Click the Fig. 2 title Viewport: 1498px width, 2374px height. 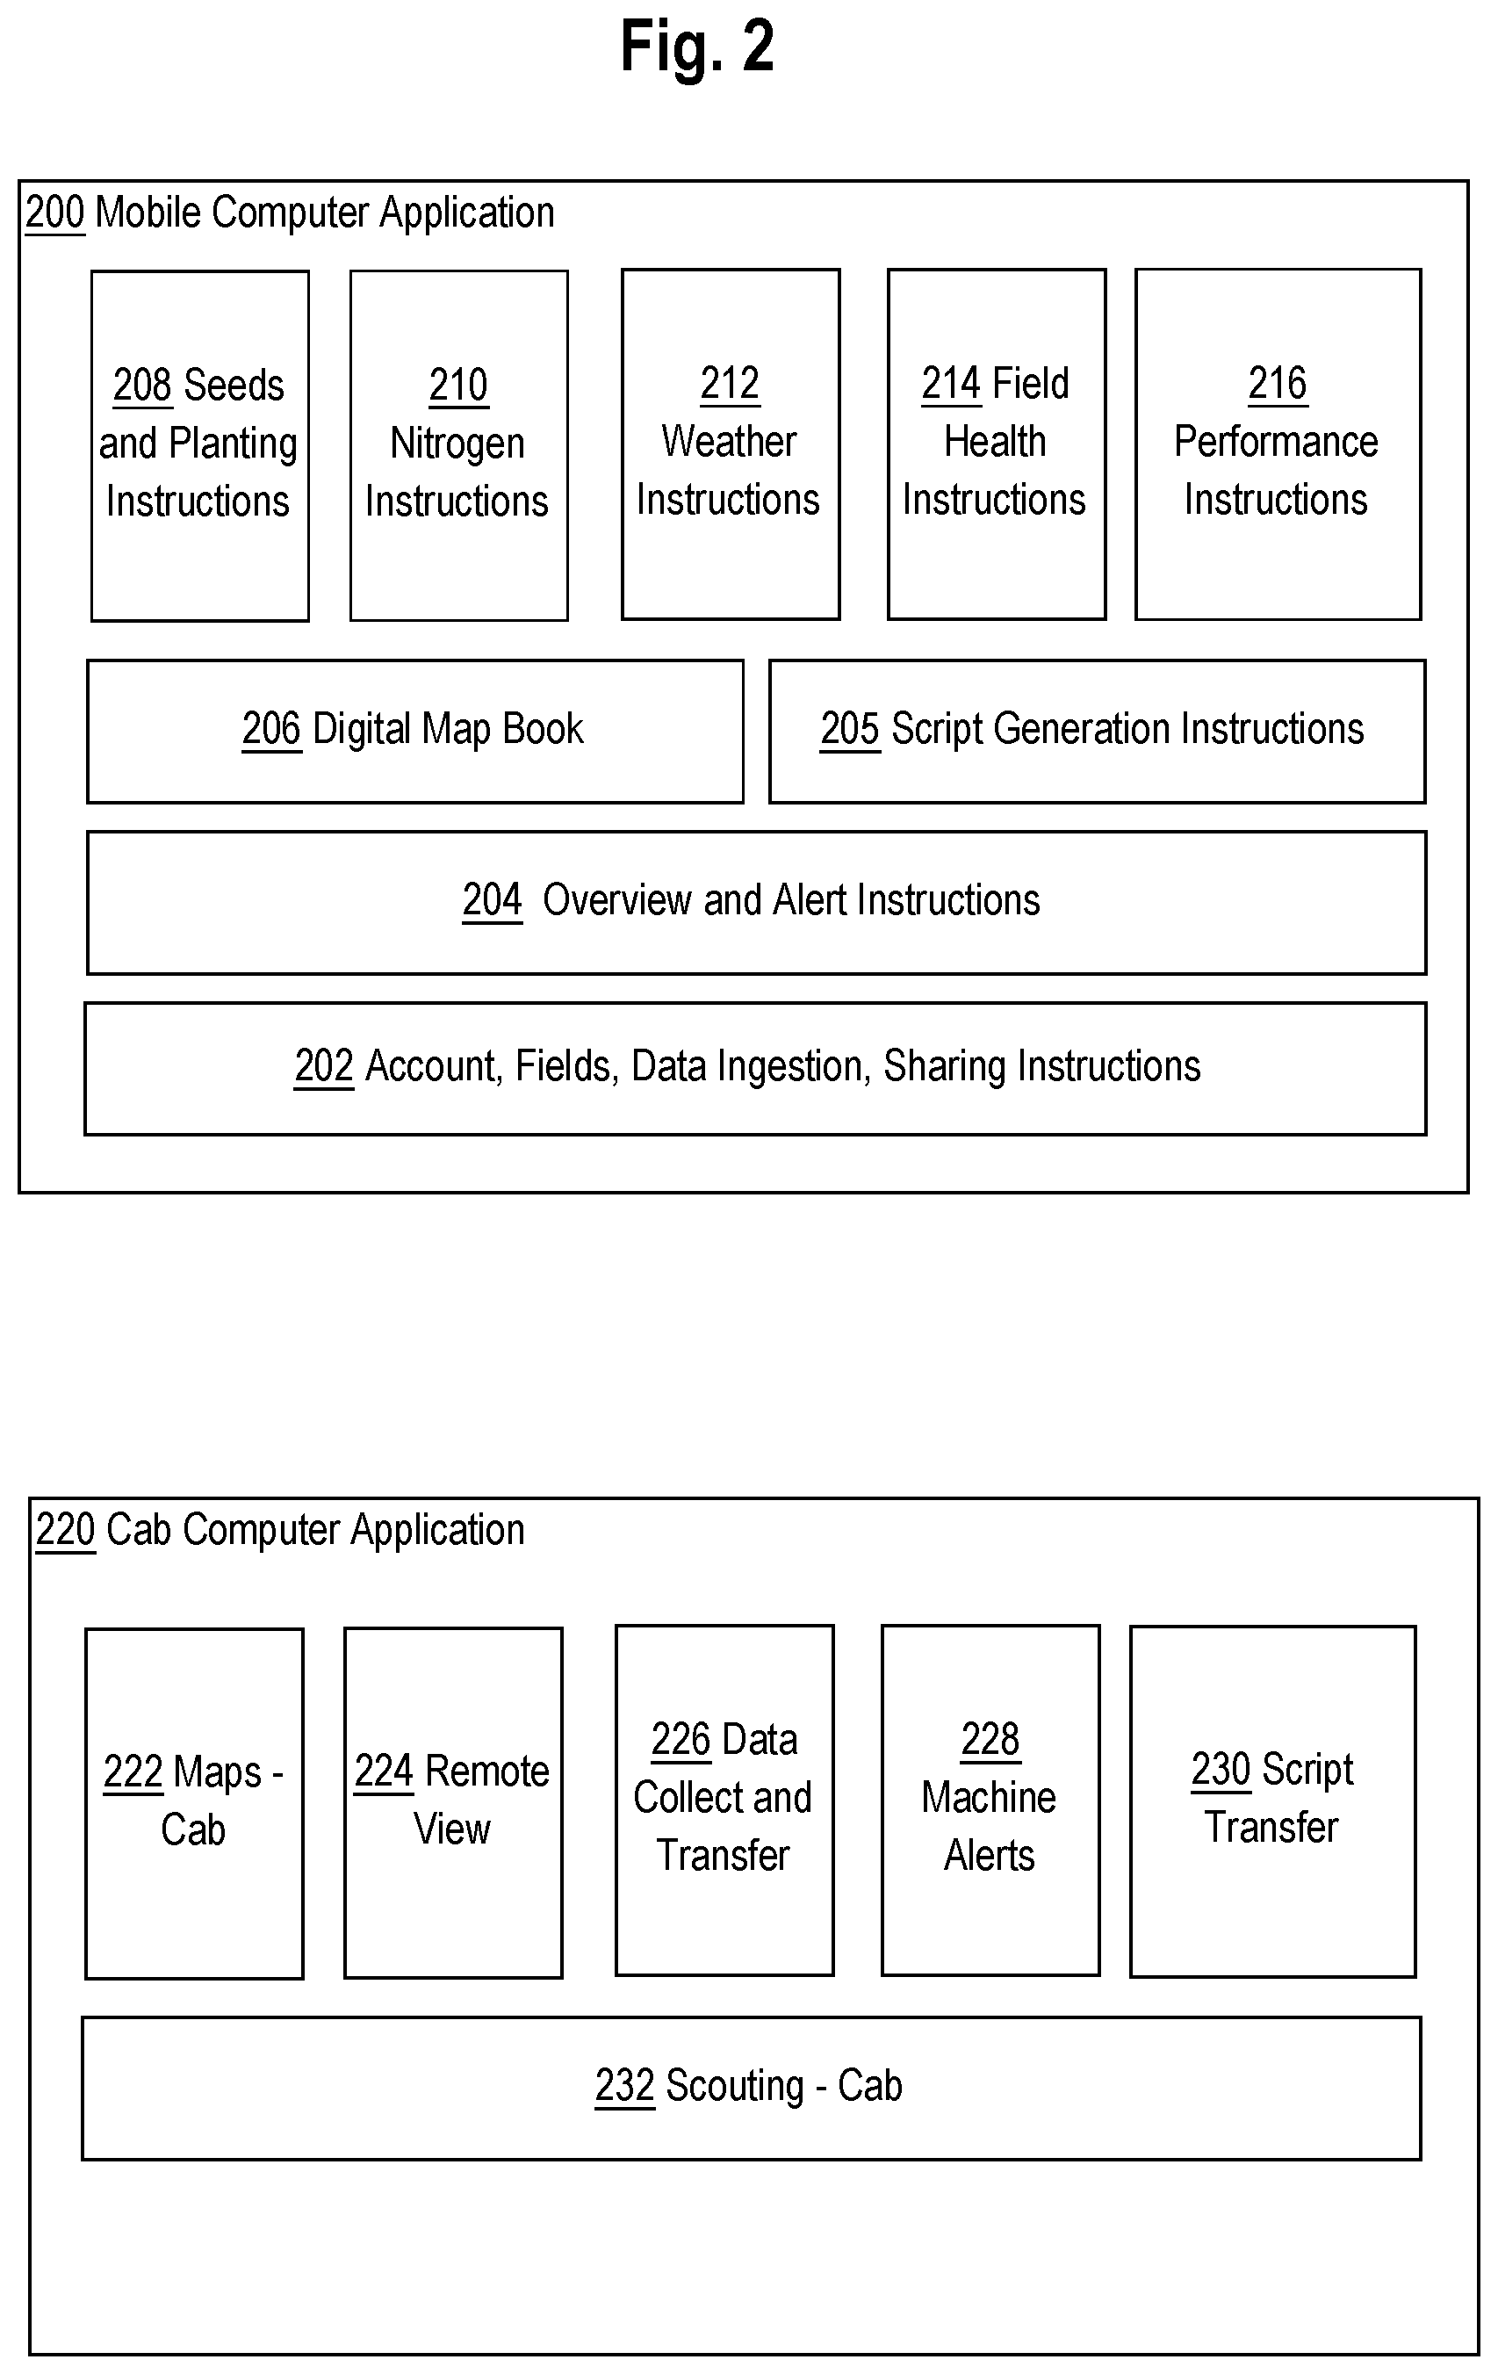coord(697,47)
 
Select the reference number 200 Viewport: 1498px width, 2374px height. coord(55,213)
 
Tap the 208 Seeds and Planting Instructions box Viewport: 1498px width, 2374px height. coord(200,445)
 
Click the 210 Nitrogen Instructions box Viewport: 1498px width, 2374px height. coord(459,445)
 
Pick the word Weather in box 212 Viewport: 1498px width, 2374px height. coord(730,442)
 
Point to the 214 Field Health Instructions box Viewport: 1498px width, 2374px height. coord(997,444)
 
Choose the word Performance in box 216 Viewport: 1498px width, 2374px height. coord(1276,442)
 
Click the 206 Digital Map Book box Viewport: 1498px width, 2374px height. coord(415,732)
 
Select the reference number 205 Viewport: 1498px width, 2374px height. coord(849,730)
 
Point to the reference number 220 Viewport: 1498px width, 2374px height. coord(65,1530)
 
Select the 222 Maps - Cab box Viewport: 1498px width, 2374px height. coord(194,1803)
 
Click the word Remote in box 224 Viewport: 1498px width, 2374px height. coord(486,1771)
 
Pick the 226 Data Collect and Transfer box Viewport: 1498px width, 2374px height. coord(724,1800)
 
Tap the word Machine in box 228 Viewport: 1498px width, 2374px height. coord(989,1797)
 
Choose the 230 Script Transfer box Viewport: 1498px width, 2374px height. coord(1273,1801)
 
